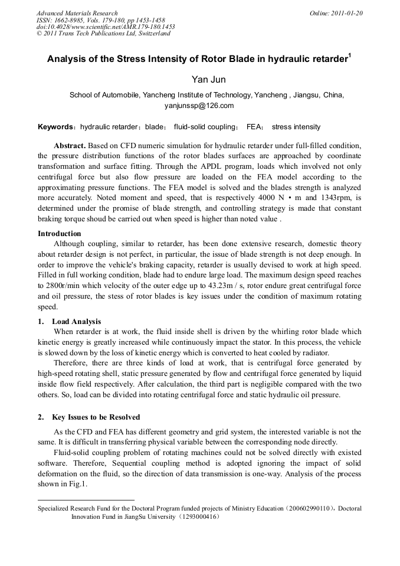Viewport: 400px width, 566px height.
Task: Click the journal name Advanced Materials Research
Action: pos(77,13)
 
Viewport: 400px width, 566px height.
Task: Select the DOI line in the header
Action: pos(106,27)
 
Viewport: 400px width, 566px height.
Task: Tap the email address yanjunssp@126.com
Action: pos(199,106)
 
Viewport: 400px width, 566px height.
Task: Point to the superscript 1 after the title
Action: pos(350,55)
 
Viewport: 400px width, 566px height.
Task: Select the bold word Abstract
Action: pos(70,145)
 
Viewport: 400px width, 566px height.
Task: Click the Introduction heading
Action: pos(59,234)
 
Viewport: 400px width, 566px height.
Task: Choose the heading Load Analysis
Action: pos(76,322)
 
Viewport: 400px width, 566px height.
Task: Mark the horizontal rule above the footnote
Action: pos(86,500)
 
